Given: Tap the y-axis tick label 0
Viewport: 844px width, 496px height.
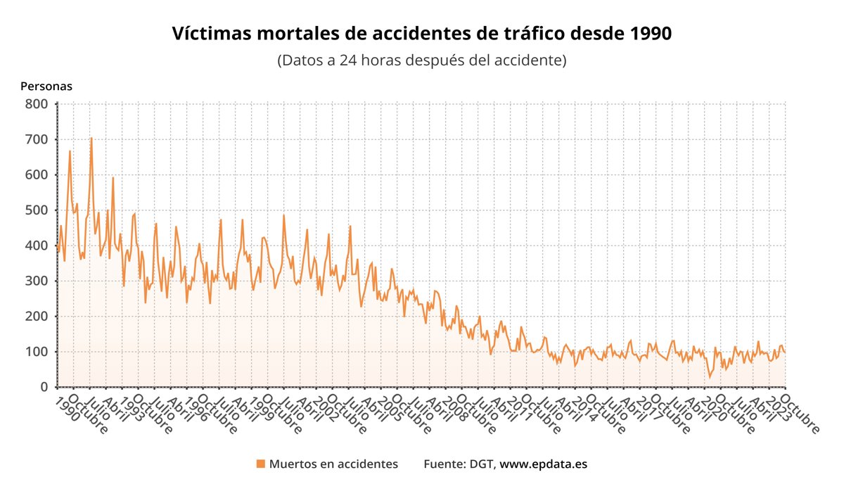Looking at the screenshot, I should click(x=44, y=387).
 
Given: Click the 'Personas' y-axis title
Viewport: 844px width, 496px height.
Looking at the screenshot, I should click(x=46, y=87).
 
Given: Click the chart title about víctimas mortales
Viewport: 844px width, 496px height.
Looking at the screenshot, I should click(x=422, y=34).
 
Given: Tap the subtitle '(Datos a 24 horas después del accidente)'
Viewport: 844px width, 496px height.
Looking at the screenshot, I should click(x=422, y=60).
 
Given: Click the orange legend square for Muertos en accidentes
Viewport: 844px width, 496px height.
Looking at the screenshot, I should click(x=261, y=464).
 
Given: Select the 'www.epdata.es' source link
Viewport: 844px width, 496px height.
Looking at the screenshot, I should click(x=543, y=464).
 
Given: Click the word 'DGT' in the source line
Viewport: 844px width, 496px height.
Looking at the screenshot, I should click(x=482, y=464).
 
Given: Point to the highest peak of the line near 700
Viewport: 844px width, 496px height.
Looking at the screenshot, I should click(x=91, y=139).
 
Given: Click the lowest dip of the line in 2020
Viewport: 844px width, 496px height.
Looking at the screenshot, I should click(x=710, y=377).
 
